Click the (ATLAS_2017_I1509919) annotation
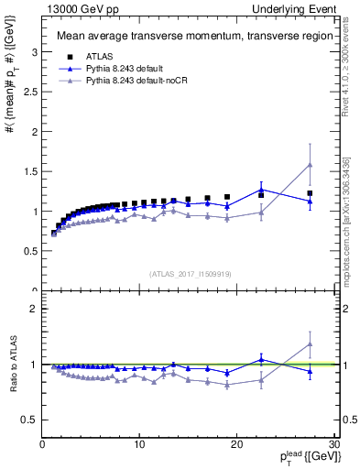[190, 273]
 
